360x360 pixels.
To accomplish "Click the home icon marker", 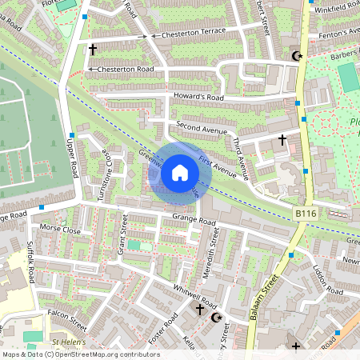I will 180,173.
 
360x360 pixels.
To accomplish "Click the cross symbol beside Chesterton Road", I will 93,50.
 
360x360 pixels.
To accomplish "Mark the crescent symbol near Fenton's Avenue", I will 298,56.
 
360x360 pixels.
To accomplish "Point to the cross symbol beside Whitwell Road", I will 200,309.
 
